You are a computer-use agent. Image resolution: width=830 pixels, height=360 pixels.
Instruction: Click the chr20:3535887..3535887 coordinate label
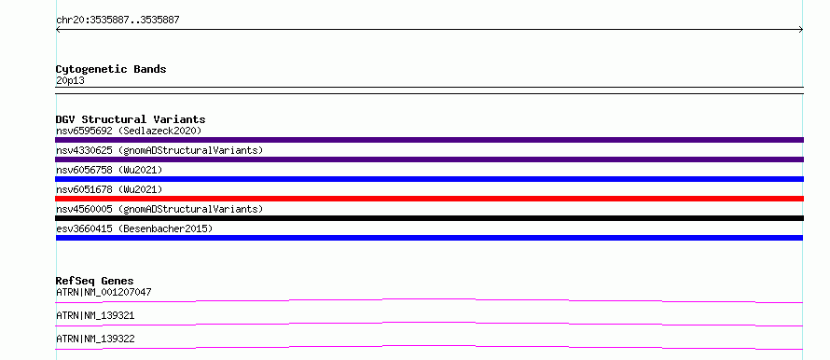coord(118,21)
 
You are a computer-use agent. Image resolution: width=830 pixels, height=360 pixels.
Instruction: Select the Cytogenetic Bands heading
coord(111,69)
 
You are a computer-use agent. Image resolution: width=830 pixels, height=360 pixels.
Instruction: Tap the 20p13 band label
coord(70,81)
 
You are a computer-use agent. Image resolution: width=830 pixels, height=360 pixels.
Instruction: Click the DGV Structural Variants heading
coord(131,119)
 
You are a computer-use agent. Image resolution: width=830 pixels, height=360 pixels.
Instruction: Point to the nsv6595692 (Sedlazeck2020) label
coord(129,131)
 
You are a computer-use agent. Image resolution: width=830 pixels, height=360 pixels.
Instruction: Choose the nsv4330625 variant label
coord(159,150)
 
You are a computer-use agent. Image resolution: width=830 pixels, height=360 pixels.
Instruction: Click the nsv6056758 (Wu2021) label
coord(109,170)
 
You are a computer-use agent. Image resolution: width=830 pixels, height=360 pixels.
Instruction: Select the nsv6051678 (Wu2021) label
coord(109,189)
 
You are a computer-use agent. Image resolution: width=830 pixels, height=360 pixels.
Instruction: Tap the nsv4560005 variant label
coord(159,209)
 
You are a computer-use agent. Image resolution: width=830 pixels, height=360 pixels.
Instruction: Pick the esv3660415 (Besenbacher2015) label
coord(134,228)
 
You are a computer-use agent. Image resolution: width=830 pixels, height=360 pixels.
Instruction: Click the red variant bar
coord(429,199)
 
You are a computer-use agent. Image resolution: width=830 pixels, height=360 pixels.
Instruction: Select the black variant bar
coord(429,218)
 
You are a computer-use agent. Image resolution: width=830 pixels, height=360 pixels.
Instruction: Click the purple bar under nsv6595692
coord(429,140)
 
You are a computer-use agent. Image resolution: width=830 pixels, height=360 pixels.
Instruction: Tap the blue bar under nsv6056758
coord(429,179)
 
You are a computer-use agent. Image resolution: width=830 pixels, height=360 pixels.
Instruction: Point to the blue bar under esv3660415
coord(429,238)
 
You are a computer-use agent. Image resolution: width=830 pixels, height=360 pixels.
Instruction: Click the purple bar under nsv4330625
coord(429,159)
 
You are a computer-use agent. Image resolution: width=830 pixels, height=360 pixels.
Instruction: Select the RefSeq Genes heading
coord(95,281)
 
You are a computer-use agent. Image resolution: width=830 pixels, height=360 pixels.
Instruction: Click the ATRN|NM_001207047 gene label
coord(104,292)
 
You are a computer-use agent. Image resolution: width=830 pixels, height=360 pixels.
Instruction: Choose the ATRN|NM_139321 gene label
coord(95,315)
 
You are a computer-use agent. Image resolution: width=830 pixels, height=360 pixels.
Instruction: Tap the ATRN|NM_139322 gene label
coord(95,339)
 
